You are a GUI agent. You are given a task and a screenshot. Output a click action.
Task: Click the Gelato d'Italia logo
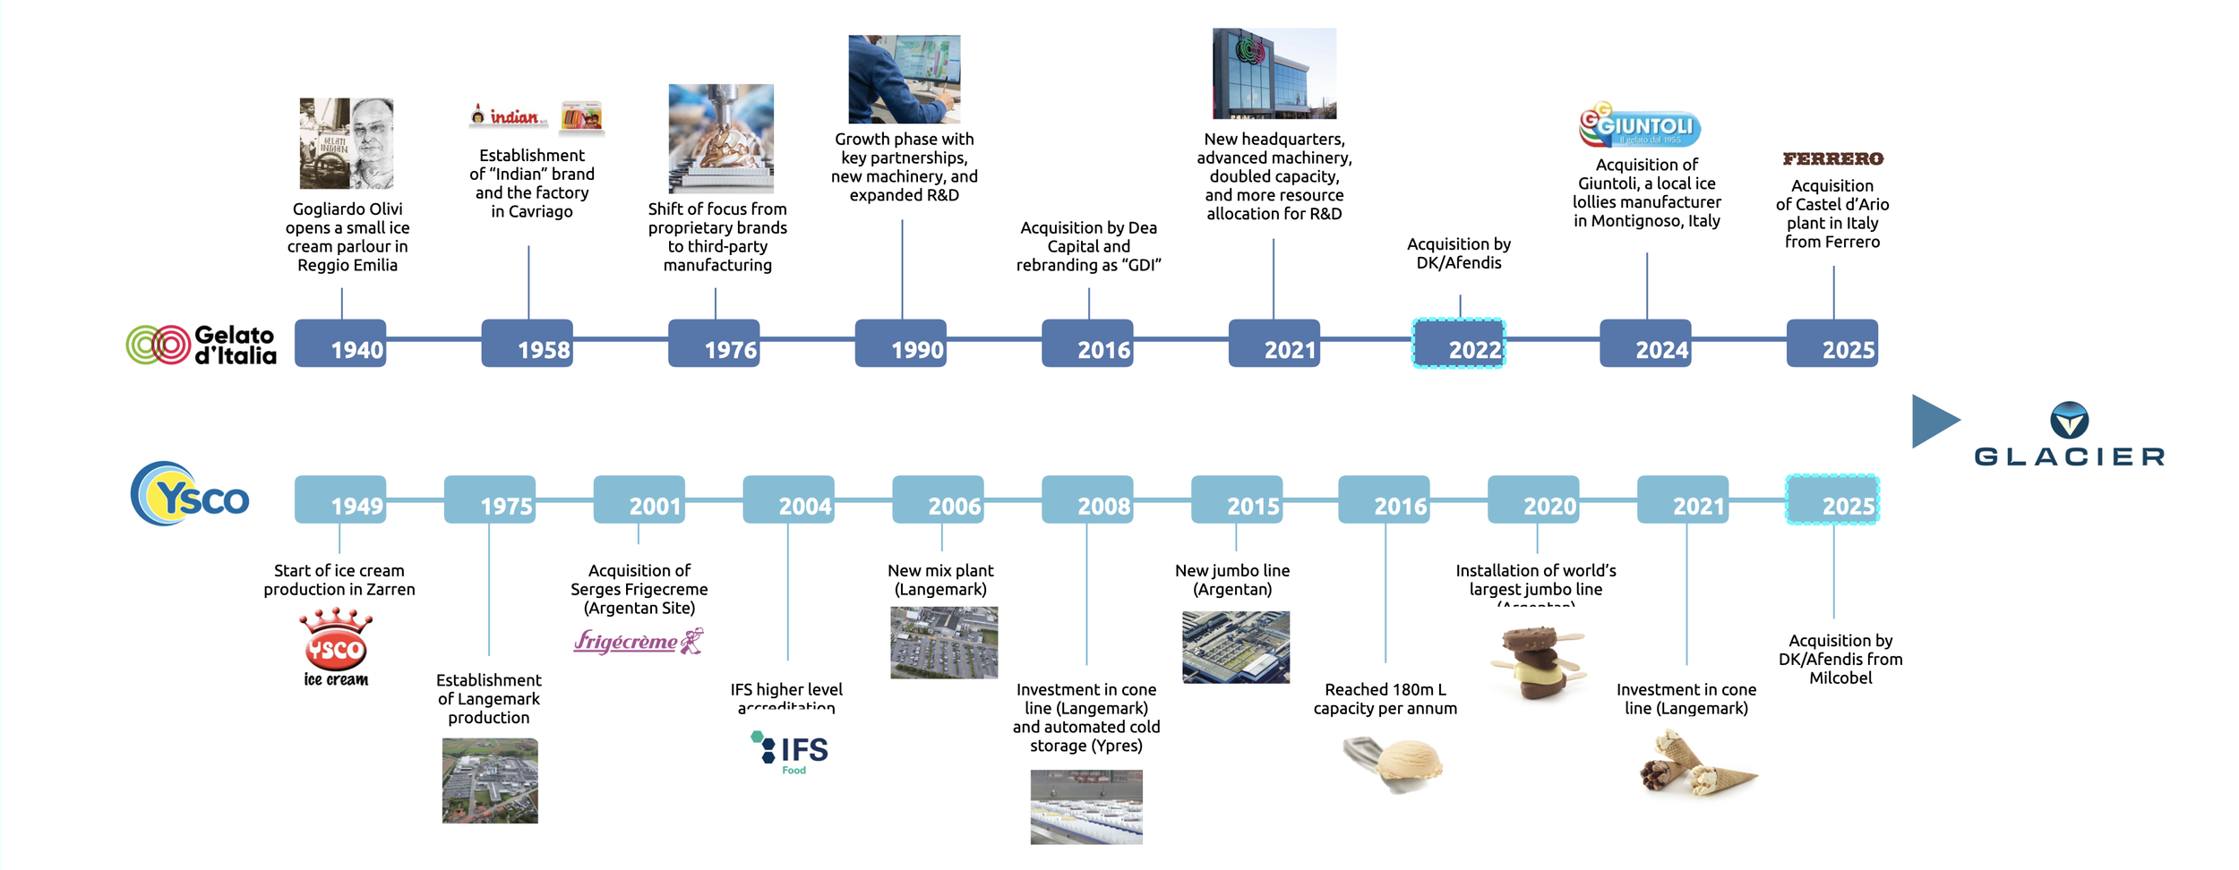(202, 345)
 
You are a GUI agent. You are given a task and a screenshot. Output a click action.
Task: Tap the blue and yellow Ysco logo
(190, 494)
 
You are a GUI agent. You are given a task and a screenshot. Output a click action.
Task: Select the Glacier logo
(2068, 435)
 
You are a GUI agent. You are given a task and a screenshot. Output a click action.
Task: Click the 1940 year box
(340, 344)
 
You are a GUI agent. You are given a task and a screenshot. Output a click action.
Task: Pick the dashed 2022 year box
(1458, 344)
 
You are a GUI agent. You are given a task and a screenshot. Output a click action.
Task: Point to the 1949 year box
(340, 499)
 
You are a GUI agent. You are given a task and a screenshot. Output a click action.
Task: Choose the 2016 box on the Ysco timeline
(1384, 499)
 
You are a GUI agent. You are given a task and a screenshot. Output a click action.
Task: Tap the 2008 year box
(1086, 499)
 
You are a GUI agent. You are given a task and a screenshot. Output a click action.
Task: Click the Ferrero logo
(1832, 159)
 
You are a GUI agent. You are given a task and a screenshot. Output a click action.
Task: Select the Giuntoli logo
(1640, 125)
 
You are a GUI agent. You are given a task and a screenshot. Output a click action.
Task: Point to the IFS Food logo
(790, 752)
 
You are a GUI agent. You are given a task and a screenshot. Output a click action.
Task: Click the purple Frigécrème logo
(639, 641)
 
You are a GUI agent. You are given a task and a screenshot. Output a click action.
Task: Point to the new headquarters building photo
(1274, 73)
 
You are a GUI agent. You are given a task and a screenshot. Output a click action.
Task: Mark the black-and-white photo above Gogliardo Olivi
(346, 143)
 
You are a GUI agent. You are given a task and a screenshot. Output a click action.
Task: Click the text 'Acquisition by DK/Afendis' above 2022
(1458, 253)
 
